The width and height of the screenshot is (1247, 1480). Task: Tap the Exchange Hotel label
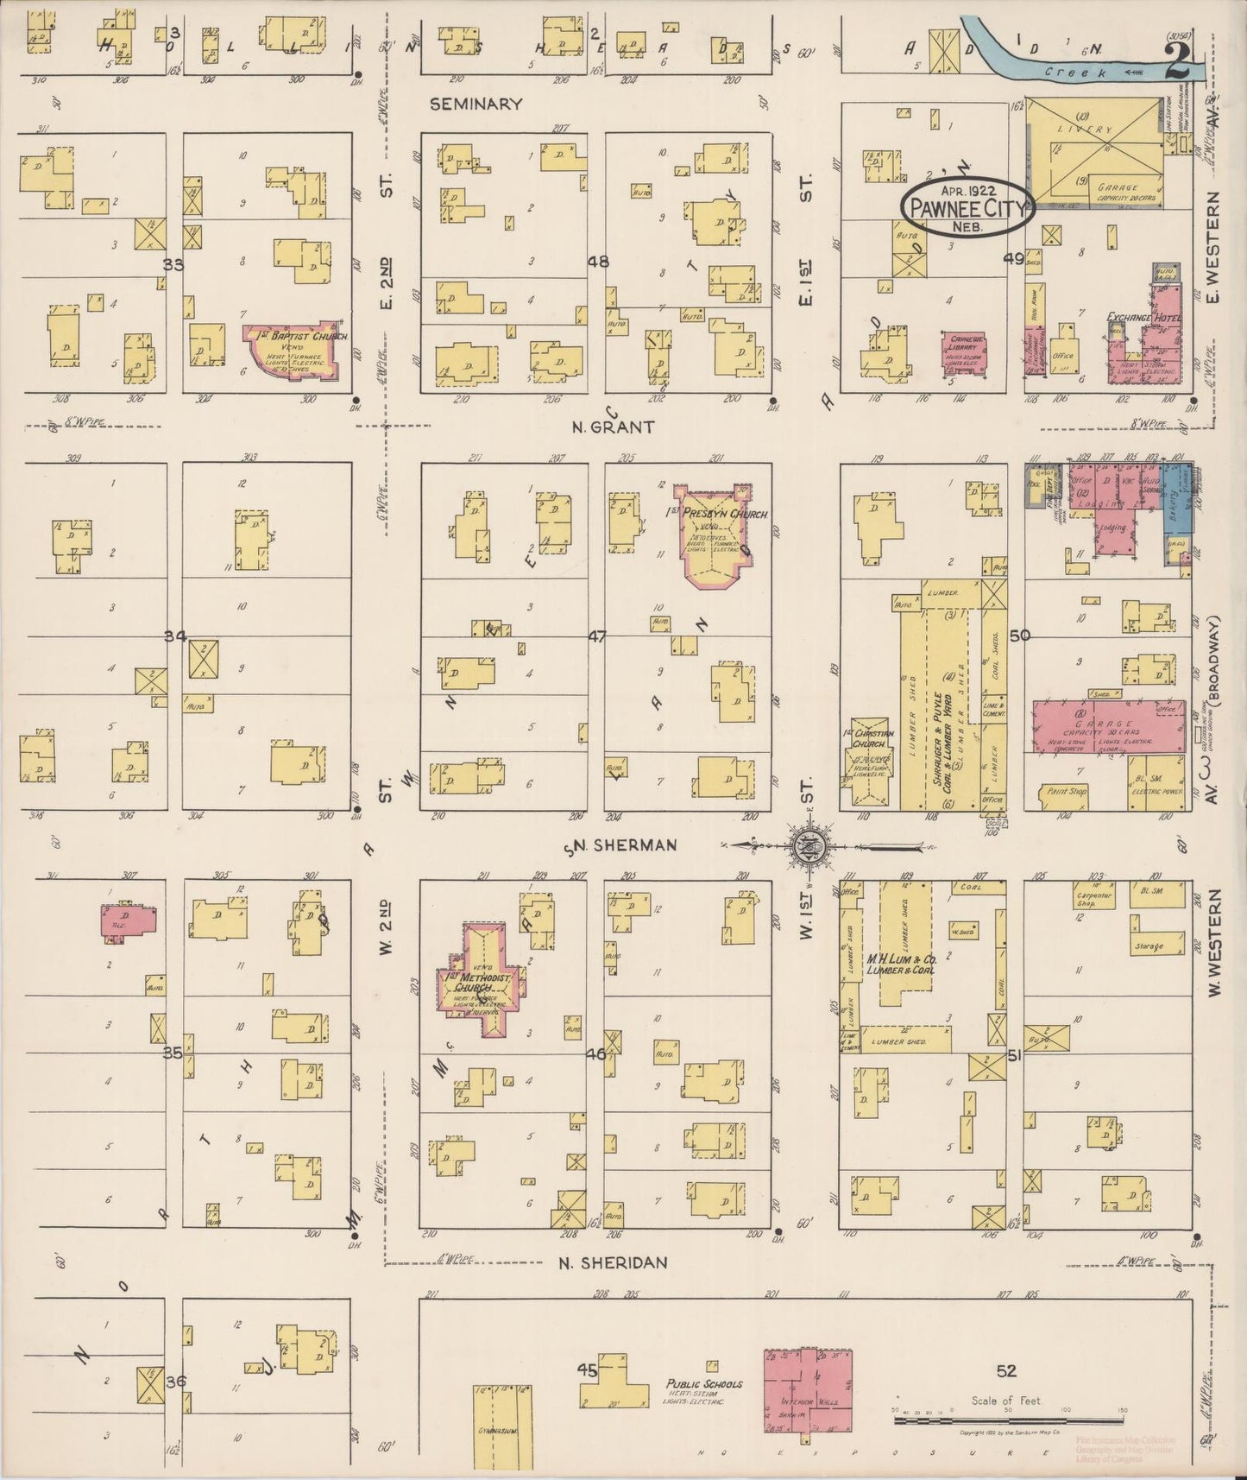pos(1143,319)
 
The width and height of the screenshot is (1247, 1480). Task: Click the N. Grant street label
pos(614,426)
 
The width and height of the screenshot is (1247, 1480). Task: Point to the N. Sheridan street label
pos(613,1262)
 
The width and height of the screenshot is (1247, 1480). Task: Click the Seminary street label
pos(476,104)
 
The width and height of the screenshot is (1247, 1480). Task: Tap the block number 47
pos(597,636)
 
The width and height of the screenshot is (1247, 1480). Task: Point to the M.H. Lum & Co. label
pos(902,963)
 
